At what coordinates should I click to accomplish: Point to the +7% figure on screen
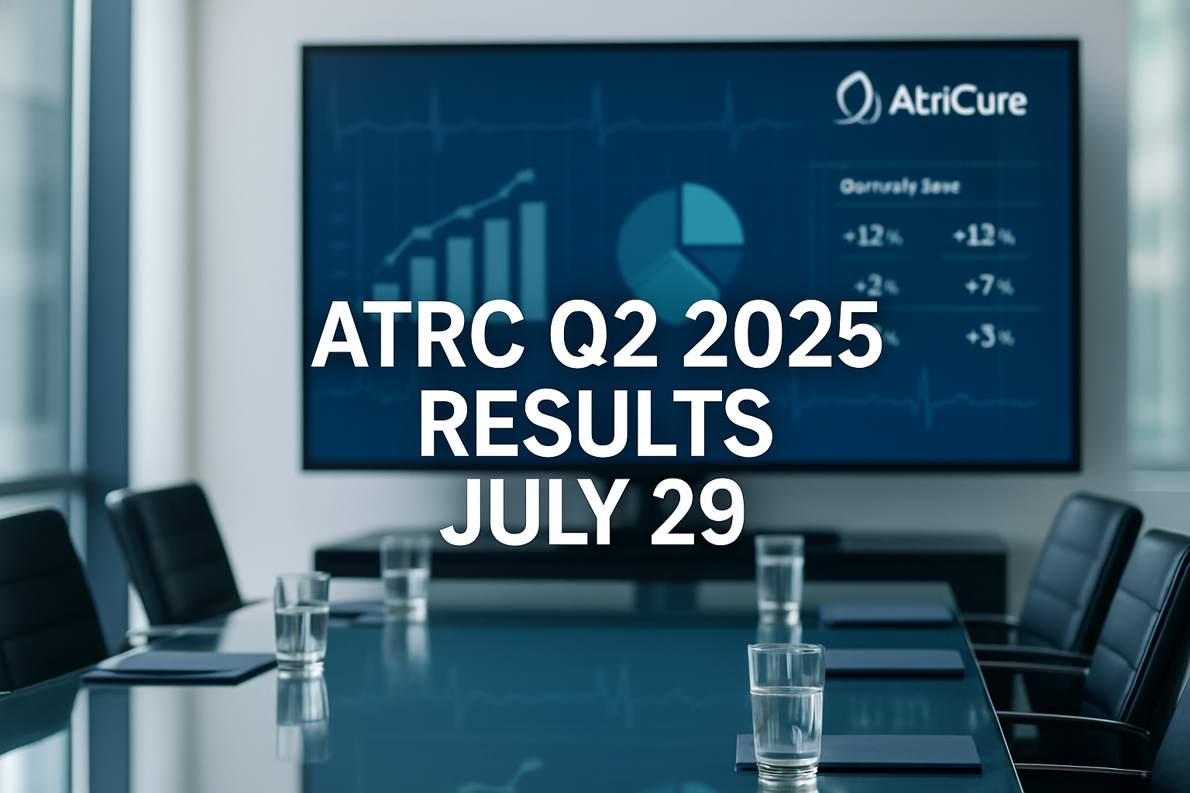(988, 287)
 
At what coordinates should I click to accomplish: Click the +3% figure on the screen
(989, 338)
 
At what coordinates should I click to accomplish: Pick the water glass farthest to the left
(301, 620)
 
